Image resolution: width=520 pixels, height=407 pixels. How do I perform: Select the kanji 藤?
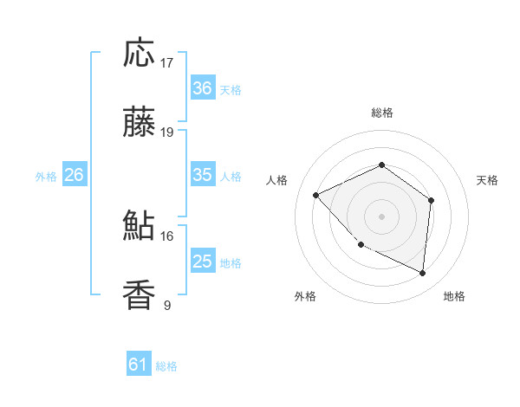pyautogui.click(x=140, y=124)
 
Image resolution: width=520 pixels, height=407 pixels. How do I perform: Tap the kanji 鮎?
pyautogui.click(x=140, y=226)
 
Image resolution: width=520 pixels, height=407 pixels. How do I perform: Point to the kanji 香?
pyautogui.click(x=140, y=295)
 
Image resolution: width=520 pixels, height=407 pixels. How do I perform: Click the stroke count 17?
pyautogui.click(x=167, y=63)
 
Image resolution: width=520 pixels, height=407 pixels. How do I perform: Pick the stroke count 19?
pyautogui.click(x=167, y=132)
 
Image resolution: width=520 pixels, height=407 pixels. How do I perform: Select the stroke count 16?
pyautogui.click(x=167, y=236)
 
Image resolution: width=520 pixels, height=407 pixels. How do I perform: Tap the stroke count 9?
pyautogui.click(x=167, y=305)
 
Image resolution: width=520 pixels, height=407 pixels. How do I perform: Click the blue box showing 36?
pyautogui.click(x=202, y=88)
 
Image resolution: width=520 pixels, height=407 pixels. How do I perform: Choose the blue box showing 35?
pyautogui.click(x=202, y=175)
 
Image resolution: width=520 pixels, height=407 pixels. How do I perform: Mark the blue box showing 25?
pyautogui.click(x=202, y=262)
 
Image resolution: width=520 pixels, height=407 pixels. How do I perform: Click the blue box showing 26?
pyautogui.click(x=74, y=175)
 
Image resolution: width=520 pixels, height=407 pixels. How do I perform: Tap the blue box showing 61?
pyautogui.click(x=138, y=365)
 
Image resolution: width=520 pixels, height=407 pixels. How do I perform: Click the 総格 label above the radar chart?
pyautogui.click(x=382, y=113)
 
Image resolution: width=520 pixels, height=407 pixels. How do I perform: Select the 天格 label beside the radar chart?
pyautogui.click(x=488, y=180)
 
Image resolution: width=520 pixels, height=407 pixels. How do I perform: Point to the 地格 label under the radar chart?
pyautogui.click(x=454, y=297)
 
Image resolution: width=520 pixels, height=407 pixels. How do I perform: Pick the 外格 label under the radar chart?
pyautogui.click(x=305, y=297)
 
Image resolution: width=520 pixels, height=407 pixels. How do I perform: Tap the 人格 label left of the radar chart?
pyautogui.click(x=277, y=180)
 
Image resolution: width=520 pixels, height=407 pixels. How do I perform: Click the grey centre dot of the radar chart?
pyautogui.click(x=381, y=216)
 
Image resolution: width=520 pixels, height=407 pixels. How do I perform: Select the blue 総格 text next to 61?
pyautogui.click(x=166, y=366)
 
